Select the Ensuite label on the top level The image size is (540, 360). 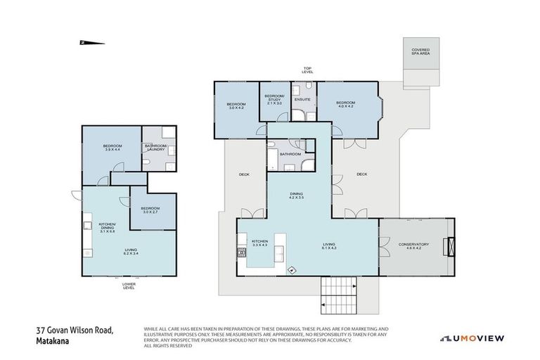(x=302, y=99)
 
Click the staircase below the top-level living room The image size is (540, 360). (x=338, y=295)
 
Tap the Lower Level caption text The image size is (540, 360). (x=129, y=285)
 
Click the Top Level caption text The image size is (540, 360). (x=308, y=71)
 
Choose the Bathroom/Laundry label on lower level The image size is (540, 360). (x=155, y=148)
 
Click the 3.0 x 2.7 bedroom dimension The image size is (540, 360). (x=149, y=212)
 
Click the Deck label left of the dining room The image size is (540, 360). (x=244, y=174)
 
